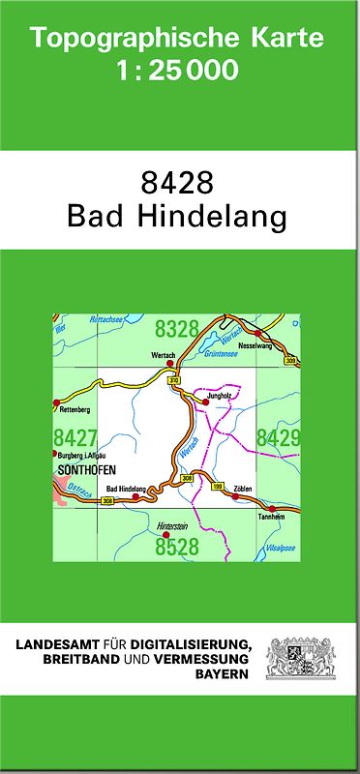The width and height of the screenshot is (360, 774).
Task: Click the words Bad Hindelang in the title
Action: pos(177,217)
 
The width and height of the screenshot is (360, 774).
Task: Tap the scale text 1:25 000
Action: pos(177,71)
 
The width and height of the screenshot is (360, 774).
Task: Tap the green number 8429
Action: pos(278,438)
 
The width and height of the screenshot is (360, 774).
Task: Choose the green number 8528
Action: pos(176,548)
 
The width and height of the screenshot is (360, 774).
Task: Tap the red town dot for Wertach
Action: pos(170,364)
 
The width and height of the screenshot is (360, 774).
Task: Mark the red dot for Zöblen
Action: pos(234,496)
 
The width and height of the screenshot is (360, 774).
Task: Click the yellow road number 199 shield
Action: pos(218,486)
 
